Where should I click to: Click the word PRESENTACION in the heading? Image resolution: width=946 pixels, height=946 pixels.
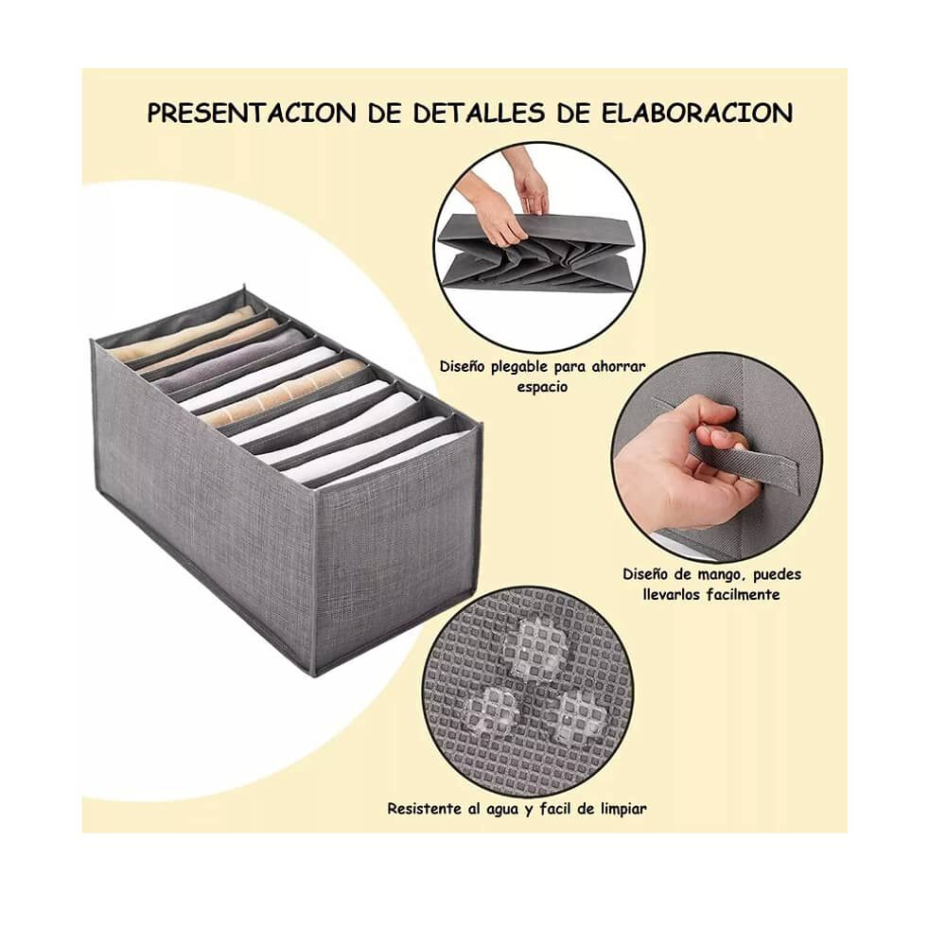click(x=252, y=114)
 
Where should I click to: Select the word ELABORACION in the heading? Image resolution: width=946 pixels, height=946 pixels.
click(x=697, y=114)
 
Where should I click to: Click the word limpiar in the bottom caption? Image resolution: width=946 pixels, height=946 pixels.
click(x=621, y=809)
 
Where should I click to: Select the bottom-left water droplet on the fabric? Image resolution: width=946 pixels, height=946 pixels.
click(x=493, y=708)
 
